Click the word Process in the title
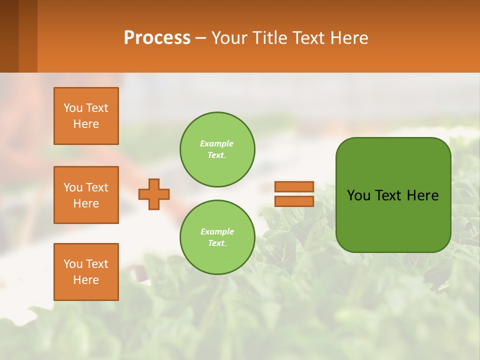pos(157,38)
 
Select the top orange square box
pos(86,116)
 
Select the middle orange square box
pos(86,195)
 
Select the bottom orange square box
pos(86,272)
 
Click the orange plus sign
pos(154,194)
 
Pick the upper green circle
pos(217,149)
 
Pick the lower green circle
pos(217,237)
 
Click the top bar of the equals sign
pos(294,186)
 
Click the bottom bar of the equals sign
pos(294,201)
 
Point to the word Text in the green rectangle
pos(388,195)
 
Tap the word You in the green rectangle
pos(358,195)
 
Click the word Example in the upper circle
pos(217,143)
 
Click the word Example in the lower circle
pos(217,231)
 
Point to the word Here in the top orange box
pos(86,124)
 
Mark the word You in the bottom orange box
pos(73,264)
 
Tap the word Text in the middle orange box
pos(96,187)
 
